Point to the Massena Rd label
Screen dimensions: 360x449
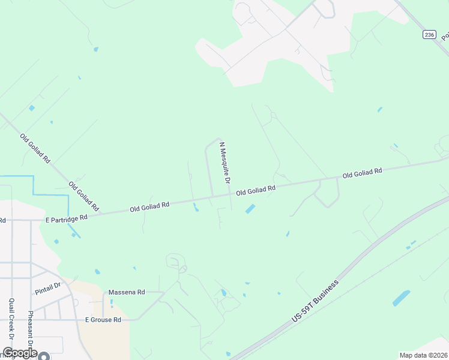pyautogui.click(x=127, y=292)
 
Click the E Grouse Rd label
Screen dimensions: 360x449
pyautogui.click(x=103, y=320)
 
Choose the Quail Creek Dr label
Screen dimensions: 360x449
pyautogui.click(x=11, y=324)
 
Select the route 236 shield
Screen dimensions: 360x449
pyautogui.click(x=428, y=35)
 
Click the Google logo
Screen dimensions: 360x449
pyautogui.click(x=19, y=353)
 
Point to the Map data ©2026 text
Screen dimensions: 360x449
pyautogui.click(x=423, y=355)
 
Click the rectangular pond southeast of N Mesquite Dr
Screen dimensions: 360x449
pyautogui.click(x=250, y=209)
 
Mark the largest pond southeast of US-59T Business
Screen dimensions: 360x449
pyautogui.click(x=401, y=298)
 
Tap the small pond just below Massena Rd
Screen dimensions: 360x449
pyautogui.click(x=112, y=302)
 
